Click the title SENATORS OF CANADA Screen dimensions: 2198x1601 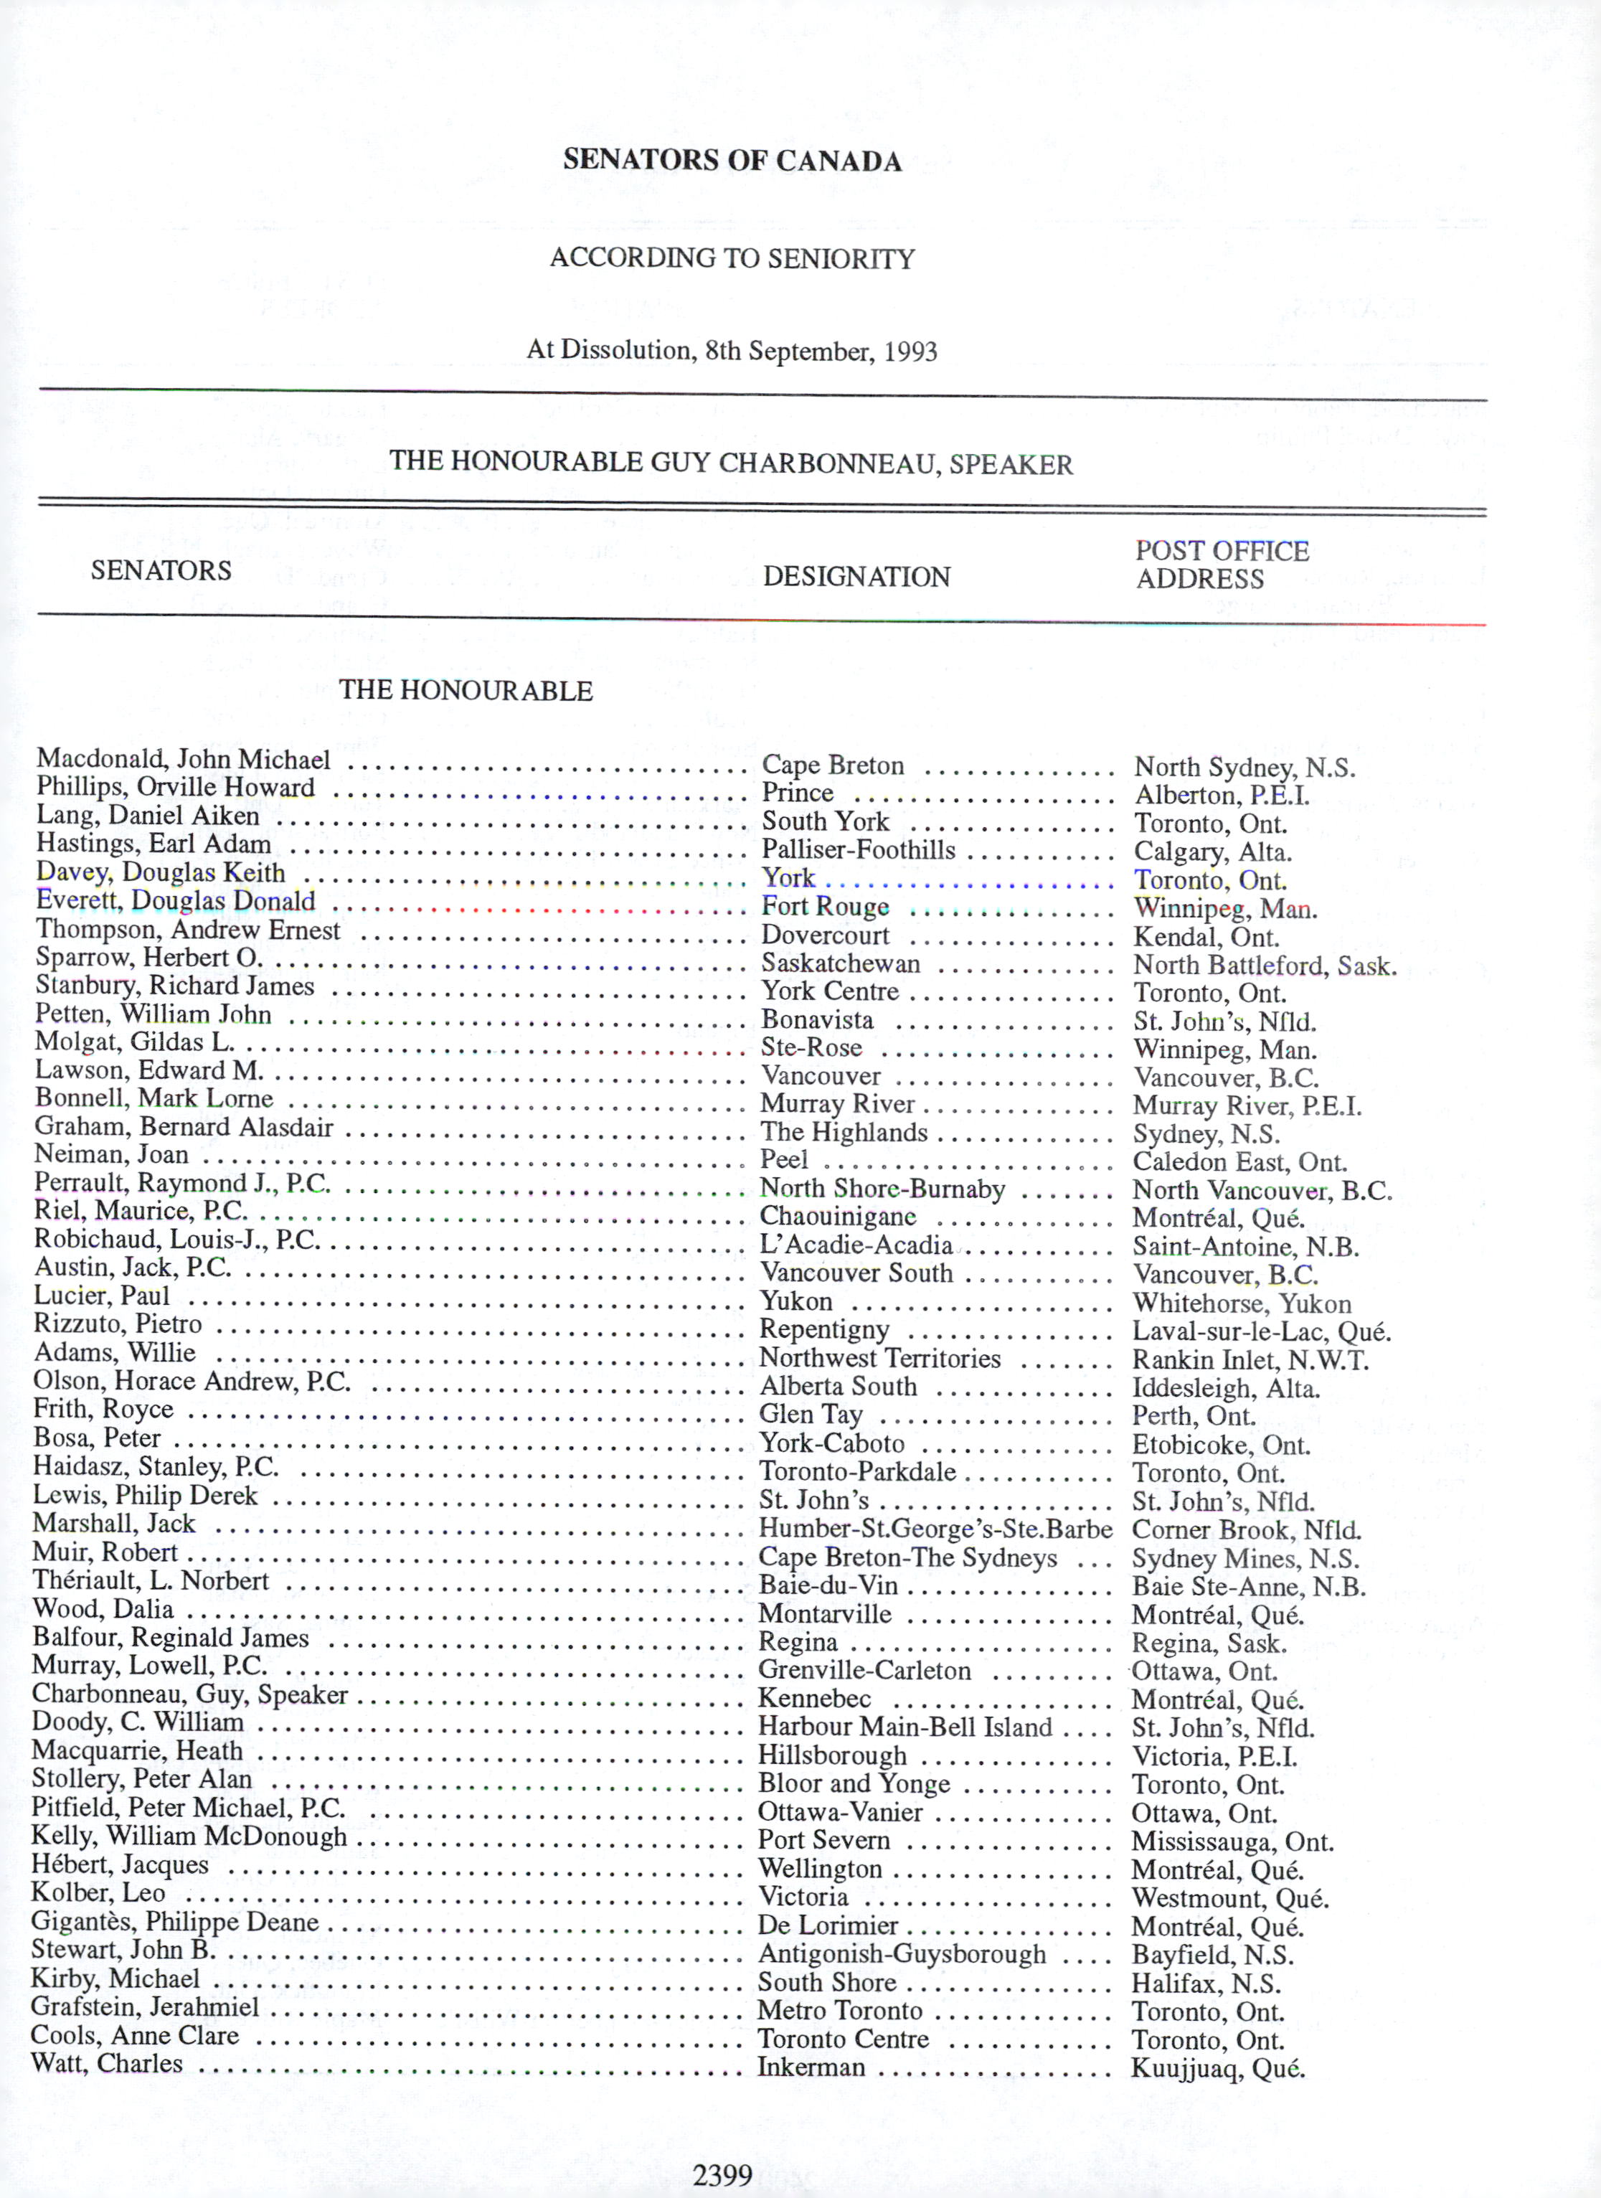tap(732, 160)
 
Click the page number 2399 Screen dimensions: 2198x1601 tap(722, 2175)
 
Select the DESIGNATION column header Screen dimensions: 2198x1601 tap(856, 577)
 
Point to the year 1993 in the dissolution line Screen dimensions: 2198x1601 tap(910, 351)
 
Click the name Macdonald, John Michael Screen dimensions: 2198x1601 tap(183, 760)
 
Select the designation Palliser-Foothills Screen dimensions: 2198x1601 tap(858, 850)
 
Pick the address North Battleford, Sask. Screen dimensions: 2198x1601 tap(1265, 966)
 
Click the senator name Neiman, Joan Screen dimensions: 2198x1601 tap(111, 1154)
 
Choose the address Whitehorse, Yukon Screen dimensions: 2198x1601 tap(1242, 1303)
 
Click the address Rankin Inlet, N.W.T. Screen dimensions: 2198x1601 tap(1250, 1359)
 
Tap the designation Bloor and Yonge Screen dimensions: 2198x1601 tap(853, 1783)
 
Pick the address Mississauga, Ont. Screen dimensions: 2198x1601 tap(1232, 1841)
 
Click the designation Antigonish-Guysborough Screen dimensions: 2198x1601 tap(902, 1954)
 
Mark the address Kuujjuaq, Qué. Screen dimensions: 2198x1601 tap(1217, 2068)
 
